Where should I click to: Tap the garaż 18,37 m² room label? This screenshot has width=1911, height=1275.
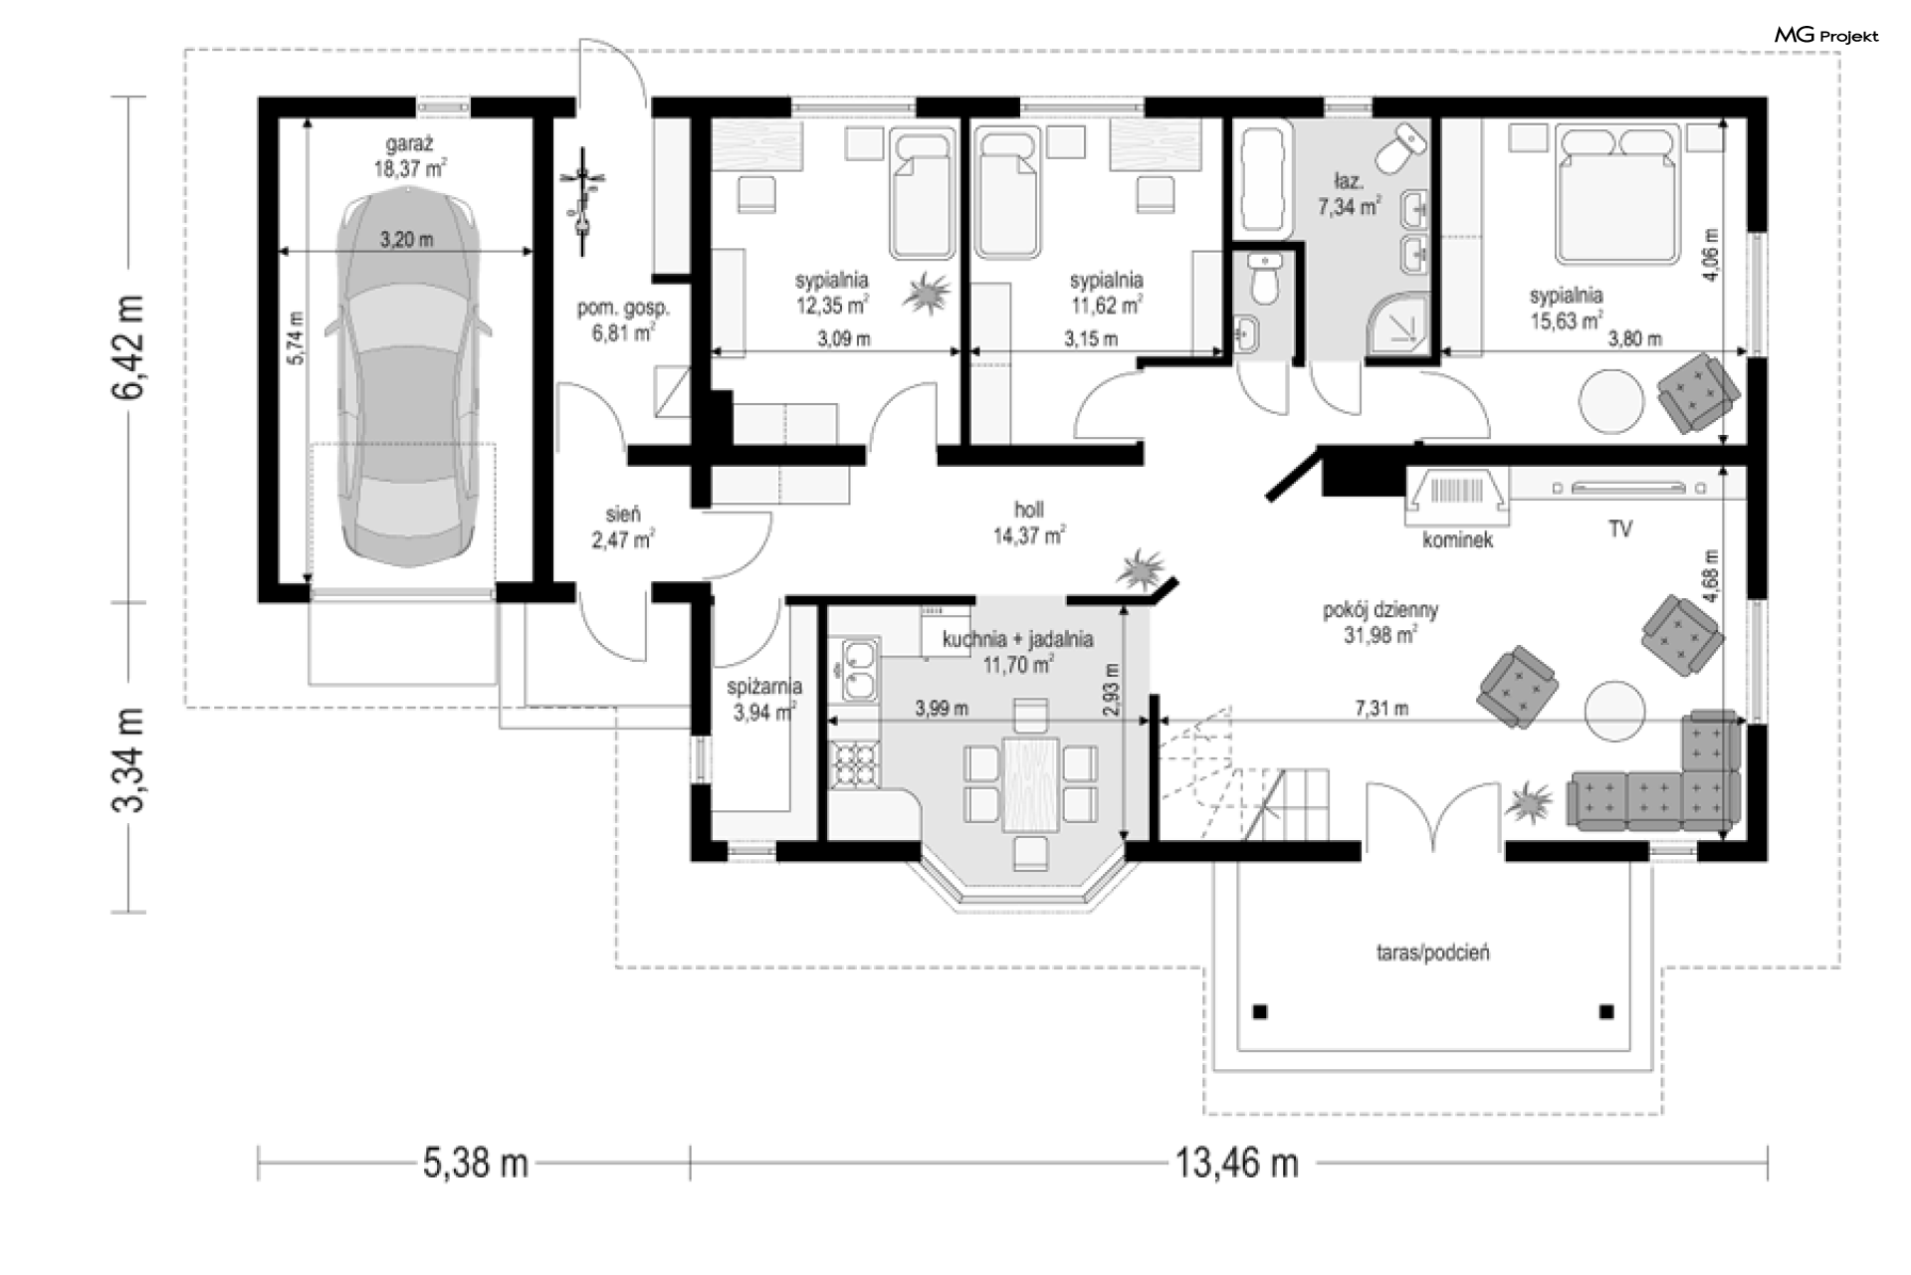(x=409, y=156)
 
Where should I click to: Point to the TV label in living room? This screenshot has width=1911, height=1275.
(x=1620, y=530)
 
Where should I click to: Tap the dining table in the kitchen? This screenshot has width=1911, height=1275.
(x=1030, y=782)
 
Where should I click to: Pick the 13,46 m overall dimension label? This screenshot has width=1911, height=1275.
(x=1237, y=1163)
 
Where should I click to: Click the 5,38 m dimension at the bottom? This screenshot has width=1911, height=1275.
(x=475, y=1163)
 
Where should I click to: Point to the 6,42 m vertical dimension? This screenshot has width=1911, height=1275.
(x=129, y=347)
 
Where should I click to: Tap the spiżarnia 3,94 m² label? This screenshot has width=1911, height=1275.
(x=764, y=700)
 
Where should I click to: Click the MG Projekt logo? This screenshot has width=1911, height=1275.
(x=1826, y=36)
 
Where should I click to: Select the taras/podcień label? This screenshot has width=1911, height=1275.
(x=1433, y=953)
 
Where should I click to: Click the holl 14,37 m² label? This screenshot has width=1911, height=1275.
(x=1029, y=524)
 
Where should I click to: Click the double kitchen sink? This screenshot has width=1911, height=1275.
(x=859, y=670)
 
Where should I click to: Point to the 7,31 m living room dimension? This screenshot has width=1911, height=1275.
(x=1381, y=709)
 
